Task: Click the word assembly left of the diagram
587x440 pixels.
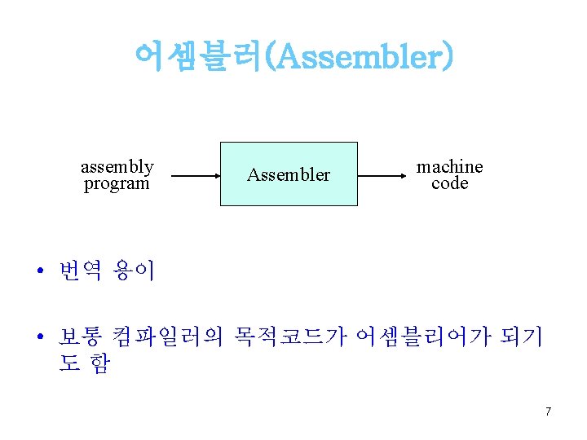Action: click(x=117, y=166)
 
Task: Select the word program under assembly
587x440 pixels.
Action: click(x=117, y=183)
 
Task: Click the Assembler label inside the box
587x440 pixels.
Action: click(x=289, y=174)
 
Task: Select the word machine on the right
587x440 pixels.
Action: click(x=449, y=166)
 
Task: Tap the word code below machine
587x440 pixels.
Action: click(x=449, y=183)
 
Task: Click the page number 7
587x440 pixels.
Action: click(x=548, y=411)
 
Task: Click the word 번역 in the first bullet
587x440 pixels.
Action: click(x=80, y=271)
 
